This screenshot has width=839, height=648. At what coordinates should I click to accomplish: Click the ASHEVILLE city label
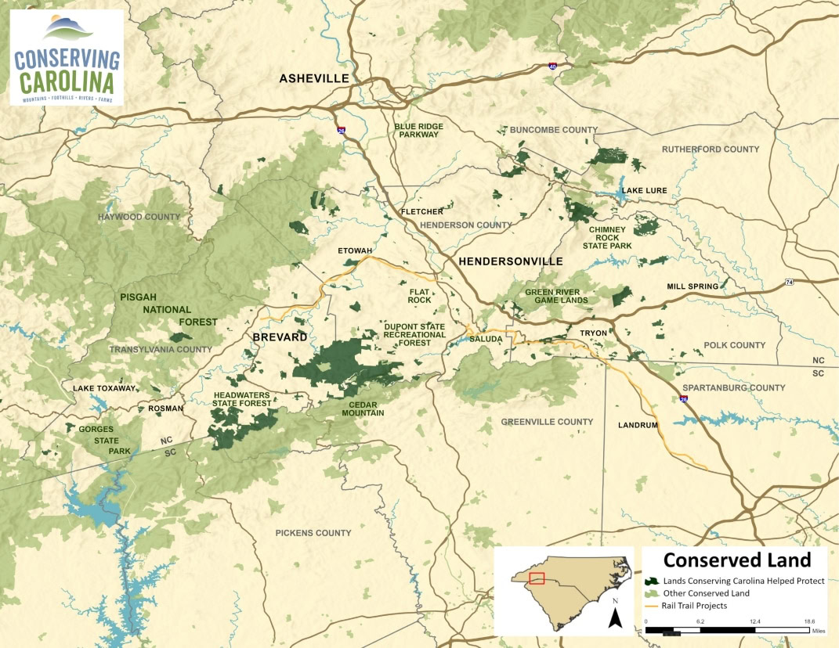(313, 78)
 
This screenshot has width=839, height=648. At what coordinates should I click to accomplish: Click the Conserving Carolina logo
(67, 57)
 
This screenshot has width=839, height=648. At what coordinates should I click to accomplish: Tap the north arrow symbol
(615, 616)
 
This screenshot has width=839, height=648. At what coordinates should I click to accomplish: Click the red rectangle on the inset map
(537, 578)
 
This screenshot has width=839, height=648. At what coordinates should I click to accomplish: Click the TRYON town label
(593, 333)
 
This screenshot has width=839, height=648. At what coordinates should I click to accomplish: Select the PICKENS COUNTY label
(313, 533)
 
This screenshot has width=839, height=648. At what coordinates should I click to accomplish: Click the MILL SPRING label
(692, 286)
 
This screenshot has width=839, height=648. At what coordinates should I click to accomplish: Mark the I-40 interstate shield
(553, 68)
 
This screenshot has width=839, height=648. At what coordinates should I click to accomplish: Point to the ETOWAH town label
(354, 250)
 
